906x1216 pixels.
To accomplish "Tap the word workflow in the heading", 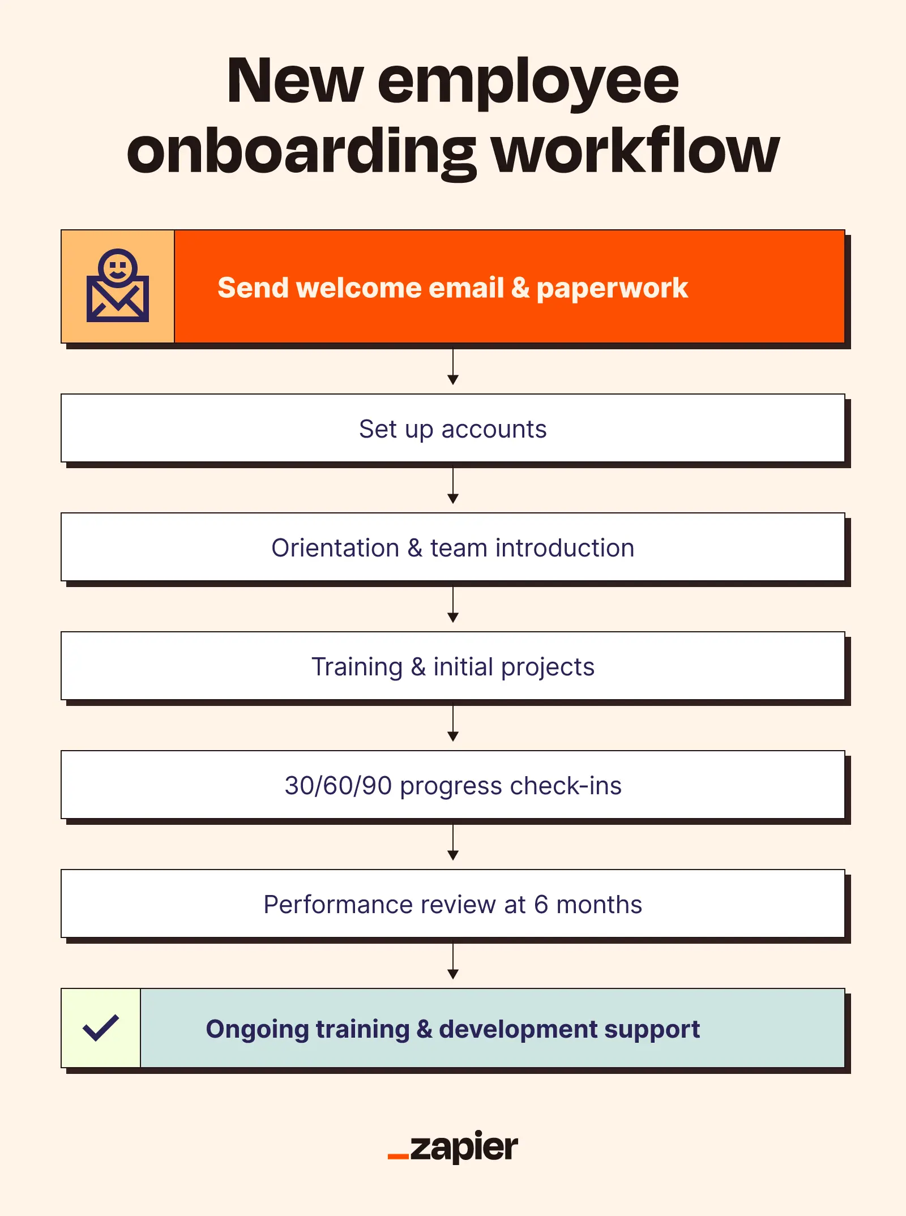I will tap(636, 152).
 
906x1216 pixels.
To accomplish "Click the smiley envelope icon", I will tap(118, 286).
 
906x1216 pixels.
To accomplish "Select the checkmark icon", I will tap(101, 1028).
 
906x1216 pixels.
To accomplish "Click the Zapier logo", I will tap(453, 1148).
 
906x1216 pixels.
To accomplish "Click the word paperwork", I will tap(612, 289).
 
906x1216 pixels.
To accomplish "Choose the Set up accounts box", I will tap(453, 429).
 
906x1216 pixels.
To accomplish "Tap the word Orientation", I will tap(335, 548).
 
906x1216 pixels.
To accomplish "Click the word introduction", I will tap(565, 548).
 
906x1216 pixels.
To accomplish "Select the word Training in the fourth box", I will tap(357, 667).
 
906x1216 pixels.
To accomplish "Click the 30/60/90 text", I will tap(338, 786).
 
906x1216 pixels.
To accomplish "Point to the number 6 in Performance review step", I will tap(541, 905).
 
